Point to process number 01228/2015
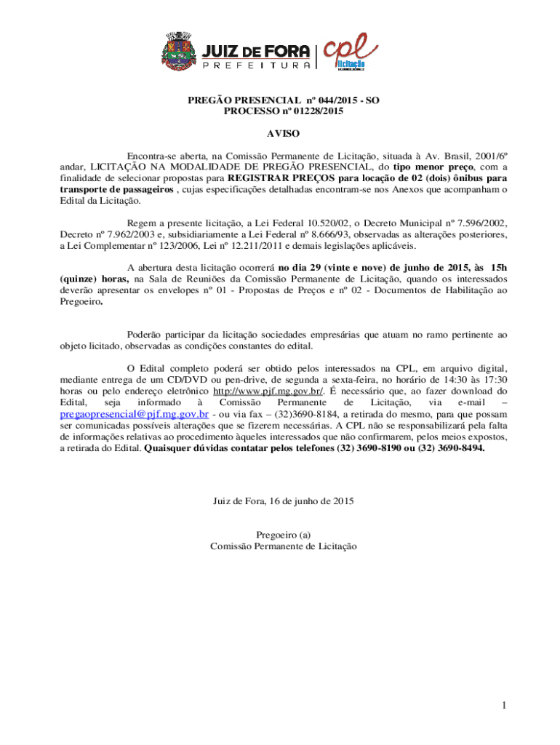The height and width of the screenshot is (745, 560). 313,111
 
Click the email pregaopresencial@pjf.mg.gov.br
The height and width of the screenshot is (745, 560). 135,413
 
